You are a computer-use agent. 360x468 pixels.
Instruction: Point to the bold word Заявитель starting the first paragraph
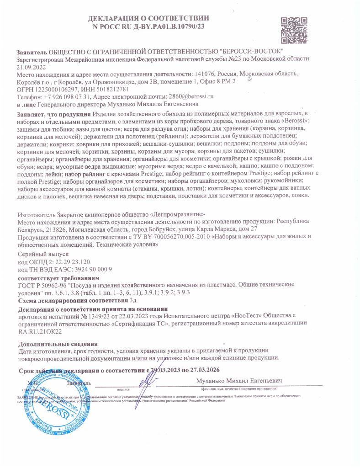(x=32, y=52)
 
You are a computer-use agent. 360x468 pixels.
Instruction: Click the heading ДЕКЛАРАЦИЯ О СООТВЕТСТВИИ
(x=148, y=19)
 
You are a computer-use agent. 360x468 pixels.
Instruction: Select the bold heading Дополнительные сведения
(x=58, y=344)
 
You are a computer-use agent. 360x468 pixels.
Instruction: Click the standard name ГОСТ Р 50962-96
(x=44, y=284)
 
